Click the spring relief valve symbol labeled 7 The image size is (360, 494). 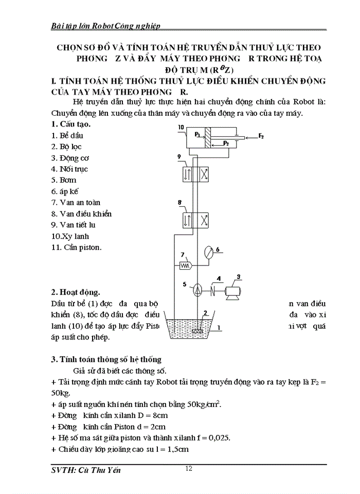coord(185,266)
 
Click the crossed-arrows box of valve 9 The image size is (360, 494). coord(204,174)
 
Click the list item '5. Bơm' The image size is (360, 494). coord(64,180)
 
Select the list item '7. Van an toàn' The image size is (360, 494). coord(76,203)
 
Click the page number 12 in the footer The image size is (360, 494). coord(189,468)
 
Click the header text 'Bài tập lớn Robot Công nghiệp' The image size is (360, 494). coord(107,25)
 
